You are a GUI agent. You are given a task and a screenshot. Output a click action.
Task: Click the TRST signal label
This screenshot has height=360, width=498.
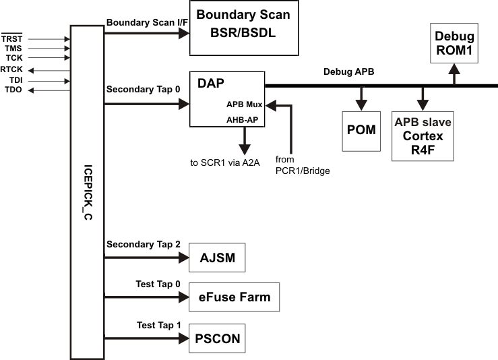pyautogui.click(x=13, y=39)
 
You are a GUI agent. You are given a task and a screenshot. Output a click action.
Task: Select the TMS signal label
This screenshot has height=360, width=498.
pyautogui.click(x=13, y=49)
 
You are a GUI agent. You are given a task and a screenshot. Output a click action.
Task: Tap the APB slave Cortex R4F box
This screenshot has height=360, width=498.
pyautogui.click(x=423, y=136)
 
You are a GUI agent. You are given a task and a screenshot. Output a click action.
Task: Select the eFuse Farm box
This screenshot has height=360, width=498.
pyautogui.click(x=234, y=297)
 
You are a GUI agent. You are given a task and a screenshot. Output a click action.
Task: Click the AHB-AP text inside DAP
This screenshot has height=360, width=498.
pyautogui.click(x=243, y=119)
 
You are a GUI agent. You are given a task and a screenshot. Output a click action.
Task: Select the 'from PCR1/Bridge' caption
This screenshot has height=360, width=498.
pyautogui.click(x=301, y=166)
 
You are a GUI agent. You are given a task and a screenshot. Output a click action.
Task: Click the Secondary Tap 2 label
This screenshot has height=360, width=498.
pyautogui.click(x=143, y=243)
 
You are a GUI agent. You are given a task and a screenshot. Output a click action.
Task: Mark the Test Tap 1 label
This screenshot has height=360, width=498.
pyautogui.click(x=159, y=324)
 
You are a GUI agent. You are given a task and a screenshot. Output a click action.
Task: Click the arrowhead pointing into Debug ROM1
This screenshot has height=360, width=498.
pyautogui.click(x=455, y=68)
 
